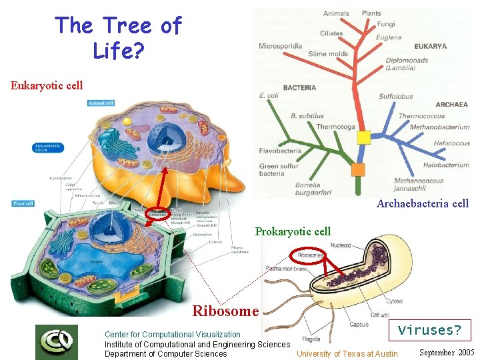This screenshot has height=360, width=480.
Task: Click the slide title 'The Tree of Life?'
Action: (x=118, y=37)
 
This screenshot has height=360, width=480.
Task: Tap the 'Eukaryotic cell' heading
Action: (x=47, y=85)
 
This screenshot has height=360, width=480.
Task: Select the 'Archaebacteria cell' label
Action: (x=422, y=204)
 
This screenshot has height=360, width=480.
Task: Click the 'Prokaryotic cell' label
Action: (x=293, y=231)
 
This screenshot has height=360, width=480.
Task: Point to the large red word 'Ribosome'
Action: (x=225, y=311)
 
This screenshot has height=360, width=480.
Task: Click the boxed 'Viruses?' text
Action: (x=429, y=330)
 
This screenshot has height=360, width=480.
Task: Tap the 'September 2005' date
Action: (x=447, y=352)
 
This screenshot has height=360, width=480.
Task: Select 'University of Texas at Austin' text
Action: (x=347, y=354)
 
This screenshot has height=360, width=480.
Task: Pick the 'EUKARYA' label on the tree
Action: (x=430, y=47)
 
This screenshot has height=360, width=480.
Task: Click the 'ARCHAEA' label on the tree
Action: (x=451, y=105)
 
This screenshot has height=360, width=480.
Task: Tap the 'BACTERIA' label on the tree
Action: (x=299, y=88)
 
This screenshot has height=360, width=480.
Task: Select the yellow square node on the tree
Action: (x=363, y=137)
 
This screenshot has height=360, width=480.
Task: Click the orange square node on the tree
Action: (x=358, y=169)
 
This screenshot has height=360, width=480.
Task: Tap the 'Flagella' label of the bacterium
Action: (x=311, y=339)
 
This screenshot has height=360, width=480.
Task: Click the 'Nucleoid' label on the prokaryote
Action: (x=340, y=245)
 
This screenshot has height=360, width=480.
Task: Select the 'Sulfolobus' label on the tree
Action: (x=396, y=96)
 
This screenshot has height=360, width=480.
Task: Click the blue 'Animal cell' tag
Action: (x=101, y=103)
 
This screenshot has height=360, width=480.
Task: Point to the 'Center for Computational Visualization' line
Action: (x=172, y=335)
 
